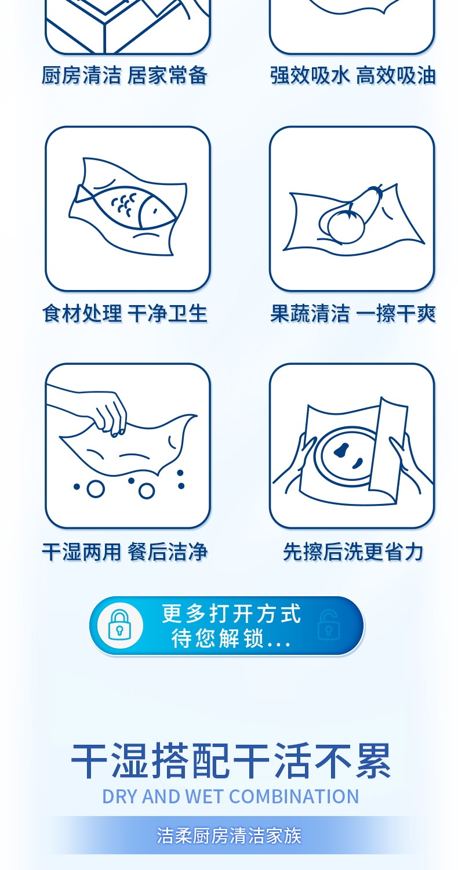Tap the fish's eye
point(155,211)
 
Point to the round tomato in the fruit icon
point(346,226)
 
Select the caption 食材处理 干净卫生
point(125,313)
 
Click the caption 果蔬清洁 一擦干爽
point(353,313)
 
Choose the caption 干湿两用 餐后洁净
point(125,552)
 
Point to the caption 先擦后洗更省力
point(353,552)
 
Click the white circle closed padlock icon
point(120,625)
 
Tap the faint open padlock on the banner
point(329,625)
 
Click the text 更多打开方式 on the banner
point(231,613)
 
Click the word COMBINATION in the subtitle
point(294,796)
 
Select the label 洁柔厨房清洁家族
point(229,835)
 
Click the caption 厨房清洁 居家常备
point(125,75)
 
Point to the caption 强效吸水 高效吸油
point(353,75)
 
